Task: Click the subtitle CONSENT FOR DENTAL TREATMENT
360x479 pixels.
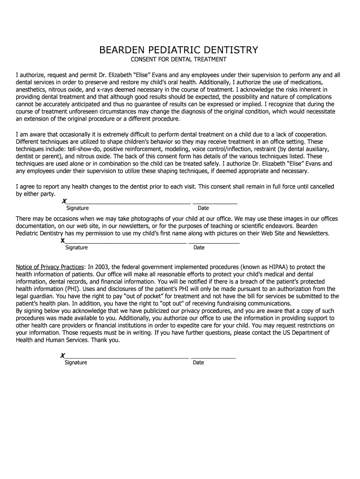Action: coord(178,60)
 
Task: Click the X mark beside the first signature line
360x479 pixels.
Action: coord(64,201)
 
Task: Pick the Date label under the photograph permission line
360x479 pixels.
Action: coord(199,248)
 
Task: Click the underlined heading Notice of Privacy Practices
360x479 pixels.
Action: coord(50,267)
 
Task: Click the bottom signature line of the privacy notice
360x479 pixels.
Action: coord(127,357)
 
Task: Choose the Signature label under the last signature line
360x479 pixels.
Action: coord(76,363)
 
